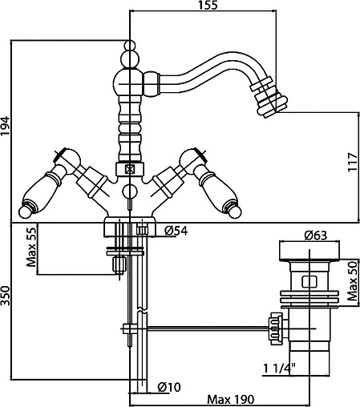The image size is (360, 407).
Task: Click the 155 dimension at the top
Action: [208, 5]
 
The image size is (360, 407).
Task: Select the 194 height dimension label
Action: [6, 126]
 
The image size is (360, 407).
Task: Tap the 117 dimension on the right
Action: [354, 162]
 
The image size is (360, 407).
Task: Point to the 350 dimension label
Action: [6, 296]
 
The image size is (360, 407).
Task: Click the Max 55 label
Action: [31, 247]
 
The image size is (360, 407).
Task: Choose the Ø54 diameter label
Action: [176, 231]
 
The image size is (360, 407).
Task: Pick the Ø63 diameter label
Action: [316, 236]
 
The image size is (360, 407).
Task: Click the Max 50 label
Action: [353, 280]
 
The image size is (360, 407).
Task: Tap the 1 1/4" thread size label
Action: [279, 369]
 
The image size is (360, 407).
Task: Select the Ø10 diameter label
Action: [169, 387]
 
